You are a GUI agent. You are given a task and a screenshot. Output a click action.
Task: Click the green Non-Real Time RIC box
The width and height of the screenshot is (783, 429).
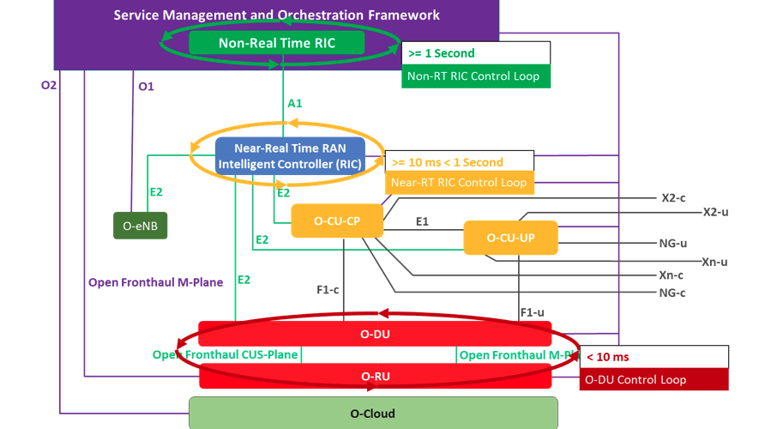277,43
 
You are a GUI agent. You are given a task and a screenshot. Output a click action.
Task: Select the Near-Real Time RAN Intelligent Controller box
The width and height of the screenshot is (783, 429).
290,155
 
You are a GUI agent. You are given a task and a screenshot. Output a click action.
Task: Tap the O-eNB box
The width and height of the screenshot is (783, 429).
141,225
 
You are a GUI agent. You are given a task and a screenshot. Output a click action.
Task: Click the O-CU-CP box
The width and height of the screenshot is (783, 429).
337,221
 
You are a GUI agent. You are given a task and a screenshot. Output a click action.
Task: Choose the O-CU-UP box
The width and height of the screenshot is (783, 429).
510,238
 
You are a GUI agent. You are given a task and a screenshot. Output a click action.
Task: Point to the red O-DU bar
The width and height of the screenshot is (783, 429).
374,333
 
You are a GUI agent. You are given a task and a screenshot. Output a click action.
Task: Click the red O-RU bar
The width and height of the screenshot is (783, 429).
374,376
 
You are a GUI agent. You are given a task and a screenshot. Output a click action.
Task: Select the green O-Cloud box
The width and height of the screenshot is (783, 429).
373,413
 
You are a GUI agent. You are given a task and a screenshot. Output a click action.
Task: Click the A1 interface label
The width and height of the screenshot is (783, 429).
295,104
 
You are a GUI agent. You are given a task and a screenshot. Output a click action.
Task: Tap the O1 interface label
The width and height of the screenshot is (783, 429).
147,87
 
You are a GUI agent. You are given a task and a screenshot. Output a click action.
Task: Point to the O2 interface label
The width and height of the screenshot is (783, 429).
49,85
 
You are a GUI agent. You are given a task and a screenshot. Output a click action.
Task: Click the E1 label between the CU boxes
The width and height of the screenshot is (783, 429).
422,221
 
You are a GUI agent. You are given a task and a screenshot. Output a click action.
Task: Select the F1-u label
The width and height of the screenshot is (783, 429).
532,312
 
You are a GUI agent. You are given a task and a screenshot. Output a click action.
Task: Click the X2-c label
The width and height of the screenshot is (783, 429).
673,197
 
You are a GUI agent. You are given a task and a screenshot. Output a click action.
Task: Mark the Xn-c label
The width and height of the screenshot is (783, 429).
672,275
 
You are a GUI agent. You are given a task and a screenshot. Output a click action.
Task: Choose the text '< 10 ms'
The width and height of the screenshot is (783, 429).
608,356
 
